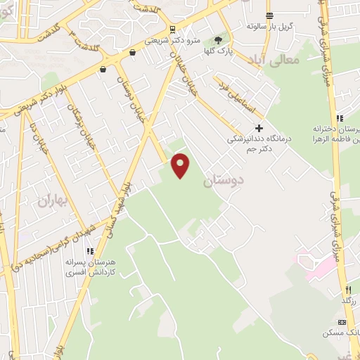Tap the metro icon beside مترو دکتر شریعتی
(x=173, y=29)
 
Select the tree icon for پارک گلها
(x=218, y=41)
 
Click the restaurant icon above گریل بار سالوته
(x=269, y=15)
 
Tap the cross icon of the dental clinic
(x=259, y=128)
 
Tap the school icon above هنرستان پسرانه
(x=89, y=250)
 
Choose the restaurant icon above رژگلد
(x=347, y=289)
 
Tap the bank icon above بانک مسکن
(x=342, y=321)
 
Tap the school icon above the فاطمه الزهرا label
(x=340, y=117)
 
